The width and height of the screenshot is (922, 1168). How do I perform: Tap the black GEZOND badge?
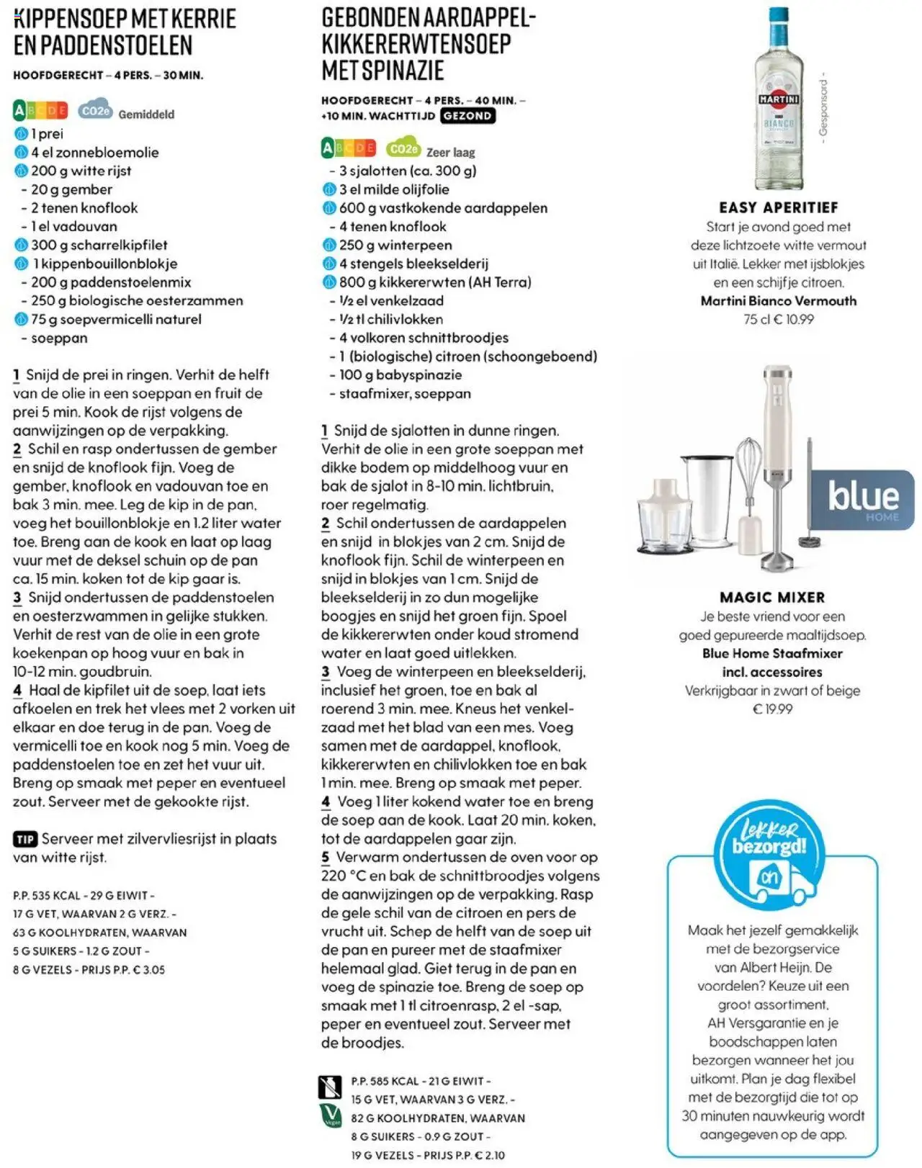click(x=467, y=116)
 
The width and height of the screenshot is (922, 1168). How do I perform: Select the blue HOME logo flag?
click(x=862, y=498)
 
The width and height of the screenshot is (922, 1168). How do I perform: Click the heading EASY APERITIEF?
click(x=779, y=207)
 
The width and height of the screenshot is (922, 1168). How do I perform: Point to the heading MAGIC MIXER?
click(x=772, y=597)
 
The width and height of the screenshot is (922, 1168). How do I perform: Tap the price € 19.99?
click(x=772, y=709)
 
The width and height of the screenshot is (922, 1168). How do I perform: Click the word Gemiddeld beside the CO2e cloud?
click(x=146, y=114)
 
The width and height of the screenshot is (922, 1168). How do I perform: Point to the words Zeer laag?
click(x=450, y=152)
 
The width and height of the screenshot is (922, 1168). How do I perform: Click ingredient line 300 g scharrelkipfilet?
click(x=99, y=245)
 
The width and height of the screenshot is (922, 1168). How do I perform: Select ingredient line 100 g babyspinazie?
click(x=400, y=374)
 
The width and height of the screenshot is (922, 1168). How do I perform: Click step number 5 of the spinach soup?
click(x=326, y=858)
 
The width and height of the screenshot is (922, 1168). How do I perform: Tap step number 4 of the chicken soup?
click(x=17, y=691)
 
